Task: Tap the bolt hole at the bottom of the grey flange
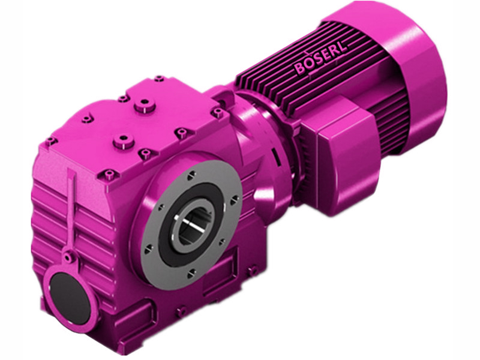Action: (191, 274)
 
